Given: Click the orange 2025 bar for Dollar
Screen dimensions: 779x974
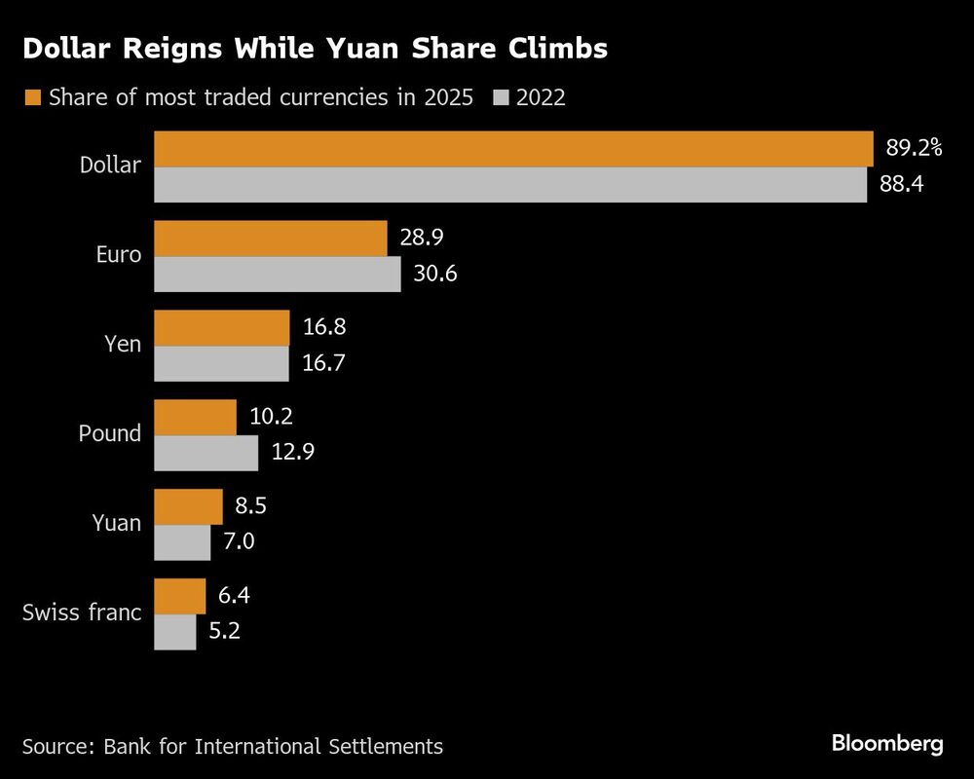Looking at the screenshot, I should tap(513, 149).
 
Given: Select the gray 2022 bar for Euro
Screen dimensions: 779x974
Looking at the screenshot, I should tap(278, 274).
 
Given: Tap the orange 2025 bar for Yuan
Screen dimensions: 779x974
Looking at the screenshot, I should tap(189, 506).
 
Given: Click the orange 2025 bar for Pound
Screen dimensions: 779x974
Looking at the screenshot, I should tap(196, 417).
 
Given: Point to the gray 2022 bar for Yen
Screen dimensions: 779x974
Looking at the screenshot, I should tap(222, 363).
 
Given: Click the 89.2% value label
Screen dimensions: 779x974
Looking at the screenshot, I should tap(914, 148).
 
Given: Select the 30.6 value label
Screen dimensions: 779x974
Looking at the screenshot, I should tap(434, 274).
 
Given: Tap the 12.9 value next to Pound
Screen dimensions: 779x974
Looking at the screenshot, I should tap(292, 453).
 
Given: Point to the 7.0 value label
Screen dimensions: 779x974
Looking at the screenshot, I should tap(239, 542).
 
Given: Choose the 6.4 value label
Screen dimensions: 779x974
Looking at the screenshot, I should tap(234, 596).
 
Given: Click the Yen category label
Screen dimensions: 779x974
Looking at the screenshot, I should tap(122, 345).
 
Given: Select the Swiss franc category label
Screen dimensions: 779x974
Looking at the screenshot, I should tap(82, 613).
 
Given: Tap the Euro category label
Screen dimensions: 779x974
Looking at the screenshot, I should tap(119, 255).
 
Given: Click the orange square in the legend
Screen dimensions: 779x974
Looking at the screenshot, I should tap(32, 97).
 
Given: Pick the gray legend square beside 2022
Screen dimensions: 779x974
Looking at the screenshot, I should tap(502, 97).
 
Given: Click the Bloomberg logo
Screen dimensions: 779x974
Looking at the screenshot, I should tap(887, 744).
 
